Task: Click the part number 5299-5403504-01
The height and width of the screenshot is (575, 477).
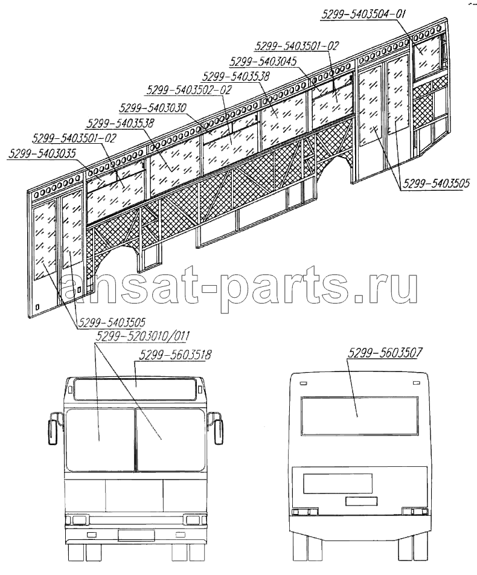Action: [x=363, y=14]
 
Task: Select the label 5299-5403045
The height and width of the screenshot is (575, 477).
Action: [x=263, y=61]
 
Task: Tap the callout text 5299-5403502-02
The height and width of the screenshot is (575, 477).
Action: [x=189, y=89]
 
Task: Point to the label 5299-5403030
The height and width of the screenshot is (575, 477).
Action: [x=153, y=108]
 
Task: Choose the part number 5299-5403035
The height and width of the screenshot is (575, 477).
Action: [x=42, y=153]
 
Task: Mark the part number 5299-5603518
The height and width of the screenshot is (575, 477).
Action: [x=175, y=355]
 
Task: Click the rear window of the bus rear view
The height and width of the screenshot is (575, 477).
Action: [x=359, y=416]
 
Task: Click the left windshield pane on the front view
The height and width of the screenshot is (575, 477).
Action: [x=100, y=440]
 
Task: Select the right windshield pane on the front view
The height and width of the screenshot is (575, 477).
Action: [x=170, y=440]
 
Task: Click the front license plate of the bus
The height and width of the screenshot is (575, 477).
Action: [x=136, y=535]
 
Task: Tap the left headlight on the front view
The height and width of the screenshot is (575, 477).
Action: [x=78, y=519]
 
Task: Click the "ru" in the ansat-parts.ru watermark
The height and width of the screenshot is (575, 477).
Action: [x=393, y=287]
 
